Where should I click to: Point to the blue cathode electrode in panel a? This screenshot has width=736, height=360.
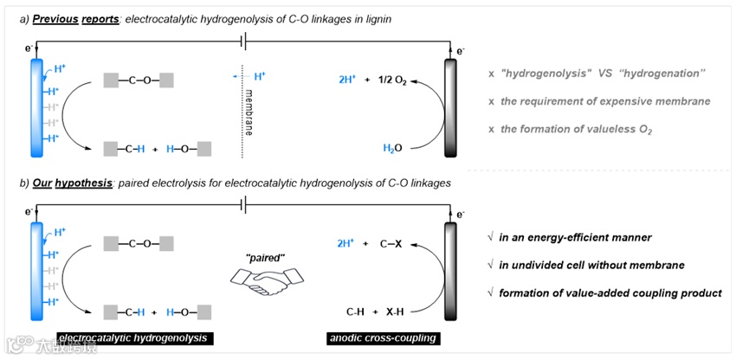36,106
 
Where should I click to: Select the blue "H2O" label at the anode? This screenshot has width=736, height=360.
392,149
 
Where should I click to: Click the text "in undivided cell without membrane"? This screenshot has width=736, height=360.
594,266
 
